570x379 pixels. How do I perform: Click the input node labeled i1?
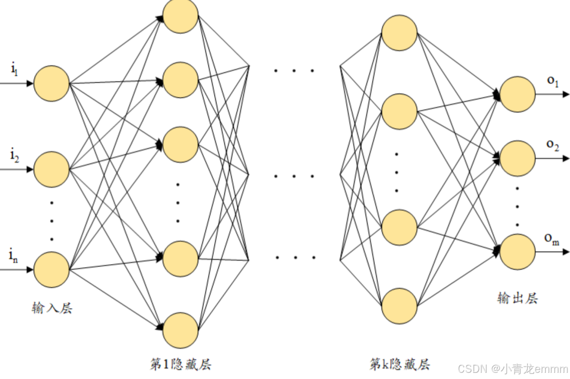(51, 83)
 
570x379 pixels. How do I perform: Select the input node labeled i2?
(51, 169)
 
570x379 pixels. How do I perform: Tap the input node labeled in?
(51, 269)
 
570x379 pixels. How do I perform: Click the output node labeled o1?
(517, 94)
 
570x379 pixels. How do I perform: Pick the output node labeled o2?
(517, 159)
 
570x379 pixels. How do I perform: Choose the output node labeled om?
(517, 252)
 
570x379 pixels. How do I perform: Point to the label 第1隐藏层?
(181, 365)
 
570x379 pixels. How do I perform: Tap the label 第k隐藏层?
(400, 365)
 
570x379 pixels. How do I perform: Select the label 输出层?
(517, 298)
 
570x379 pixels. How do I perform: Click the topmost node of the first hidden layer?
(181, 15)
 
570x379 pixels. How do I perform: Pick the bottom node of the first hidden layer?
(181, 330)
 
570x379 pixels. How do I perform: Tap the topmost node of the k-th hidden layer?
(400, 33)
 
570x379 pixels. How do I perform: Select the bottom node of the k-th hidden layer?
(400, 306)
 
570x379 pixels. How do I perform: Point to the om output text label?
(552, 239)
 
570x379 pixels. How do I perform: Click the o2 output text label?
(552, 145)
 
